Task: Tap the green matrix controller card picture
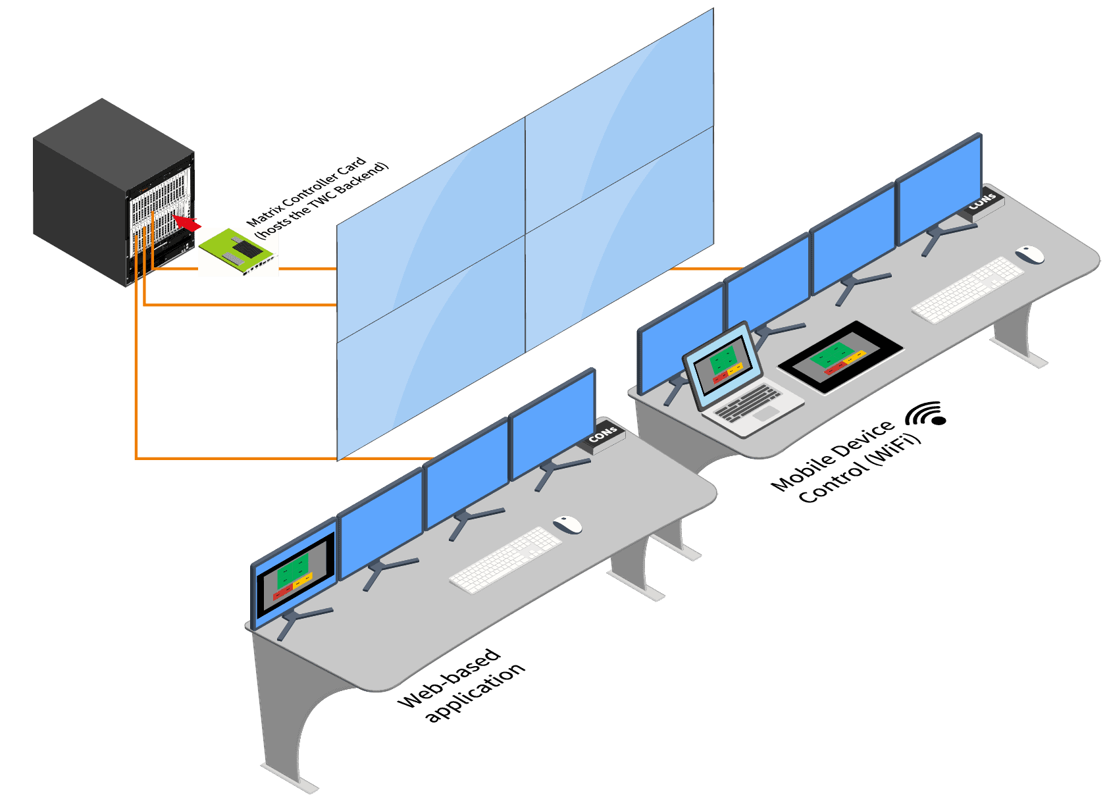click(x=238, y=252)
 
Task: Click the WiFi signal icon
click(x=926, y=415)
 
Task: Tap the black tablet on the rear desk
click(x=840, y=357)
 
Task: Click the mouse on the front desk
click(x=567, y=524)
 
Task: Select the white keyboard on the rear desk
click(x=967, y=290)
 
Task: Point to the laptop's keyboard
click(x=747, y=402)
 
